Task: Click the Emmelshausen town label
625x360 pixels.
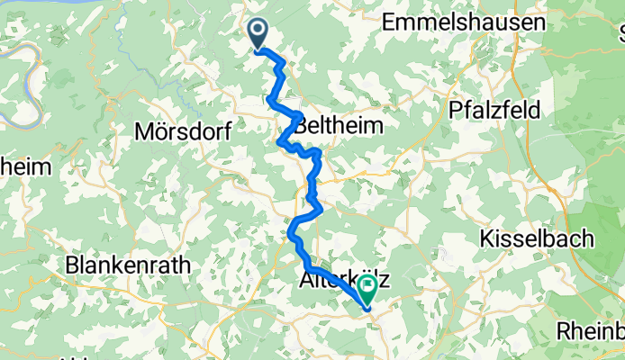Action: coord(463,22)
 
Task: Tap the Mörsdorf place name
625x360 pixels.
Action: coord(182,131)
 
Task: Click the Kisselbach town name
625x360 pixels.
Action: coord(537,238)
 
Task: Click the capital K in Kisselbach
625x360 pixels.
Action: coord(487,238)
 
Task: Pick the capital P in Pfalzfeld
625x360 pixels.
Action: coord(457,110)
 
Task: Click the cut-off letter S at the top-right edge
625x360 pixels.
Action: coord(620,36)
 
